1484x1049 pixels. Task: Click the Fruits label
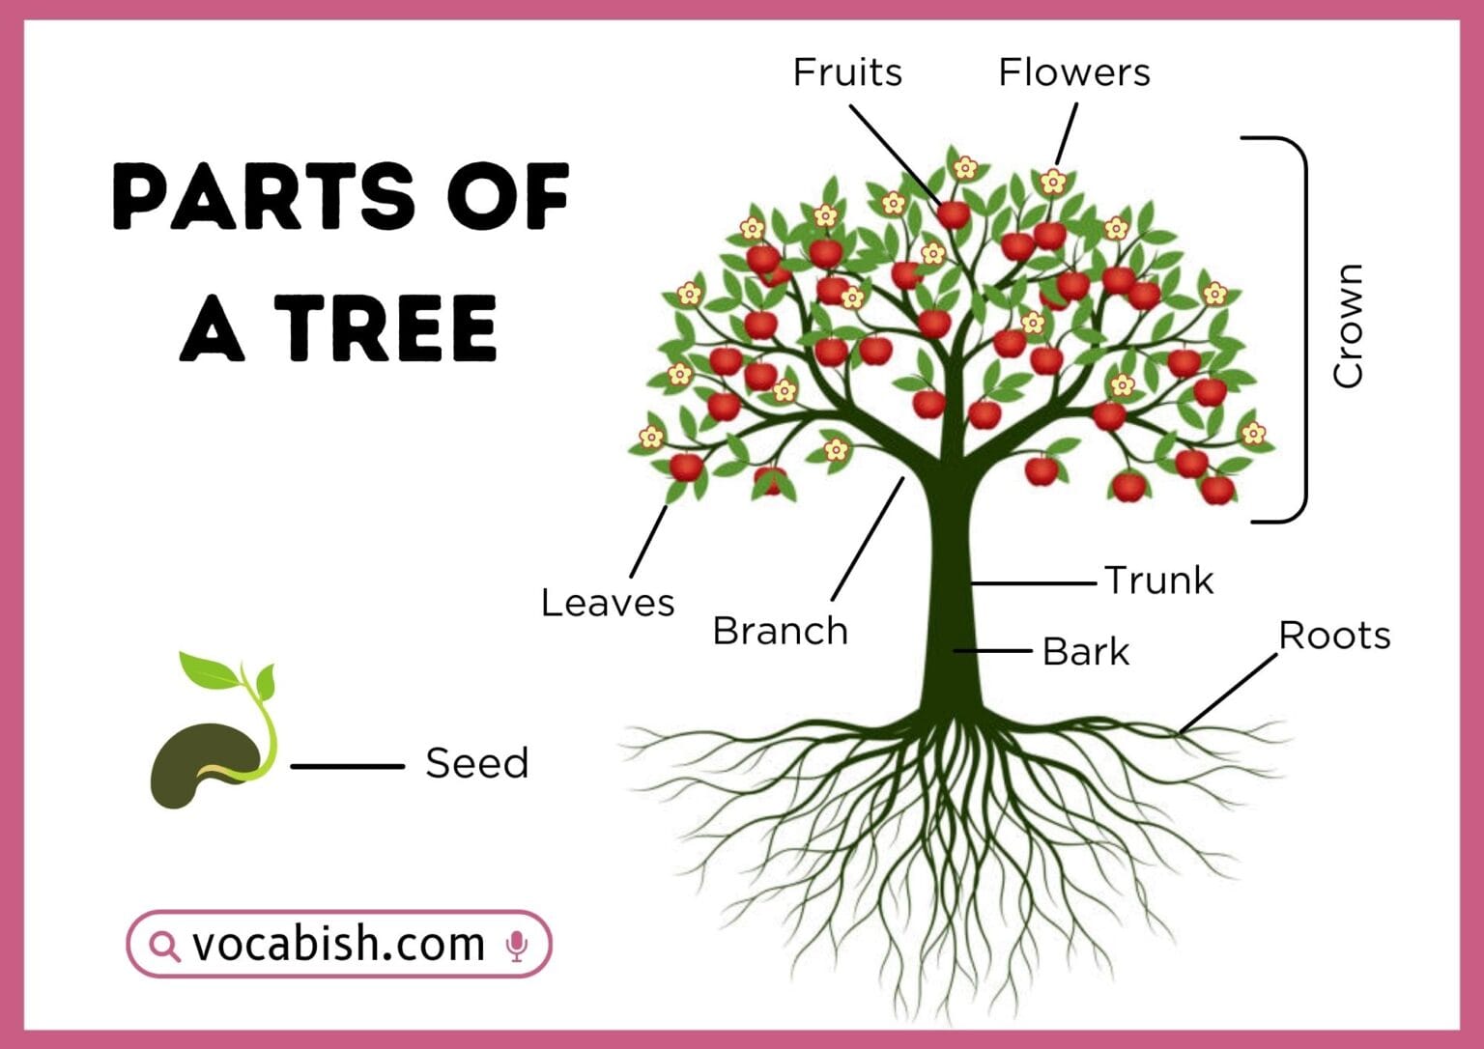(x=847, y=72)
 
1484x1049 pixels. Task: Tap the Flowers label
(x=1073, y=72)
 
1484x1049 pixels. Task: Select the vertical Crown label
(x=1348, y=326)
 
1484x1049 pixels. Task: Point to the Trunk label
(x=1158, y=581)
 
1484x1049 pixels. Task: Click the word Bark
(x=1085, y=652)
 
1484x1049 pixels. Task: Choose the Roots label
(x=1334, y=636)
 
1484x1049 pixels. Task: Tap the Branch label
(x=780, y=631)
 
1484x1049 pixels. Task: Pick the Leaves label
(x=607, y=603)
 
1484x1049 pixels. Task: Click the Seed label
(x=476, y=763)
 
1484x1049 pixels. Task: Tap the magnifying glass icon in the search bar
(x=165, y=946)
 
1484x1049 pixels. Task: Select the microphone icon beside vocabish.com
(x=517, y=946)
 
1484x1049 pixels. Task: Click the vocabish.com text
(x=338, y=944)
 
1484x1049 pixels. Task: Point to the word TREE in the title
(x=386, y=328)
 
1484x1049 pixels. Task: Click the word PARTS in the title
(x=263, y=196)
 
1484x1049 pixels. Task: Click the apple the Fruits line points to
(x=954, y=214)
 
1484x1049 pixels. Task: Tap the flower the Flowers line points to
(x=1052, y=181)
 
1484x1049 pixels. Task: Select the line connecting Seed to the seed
(x=347, y=766)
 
